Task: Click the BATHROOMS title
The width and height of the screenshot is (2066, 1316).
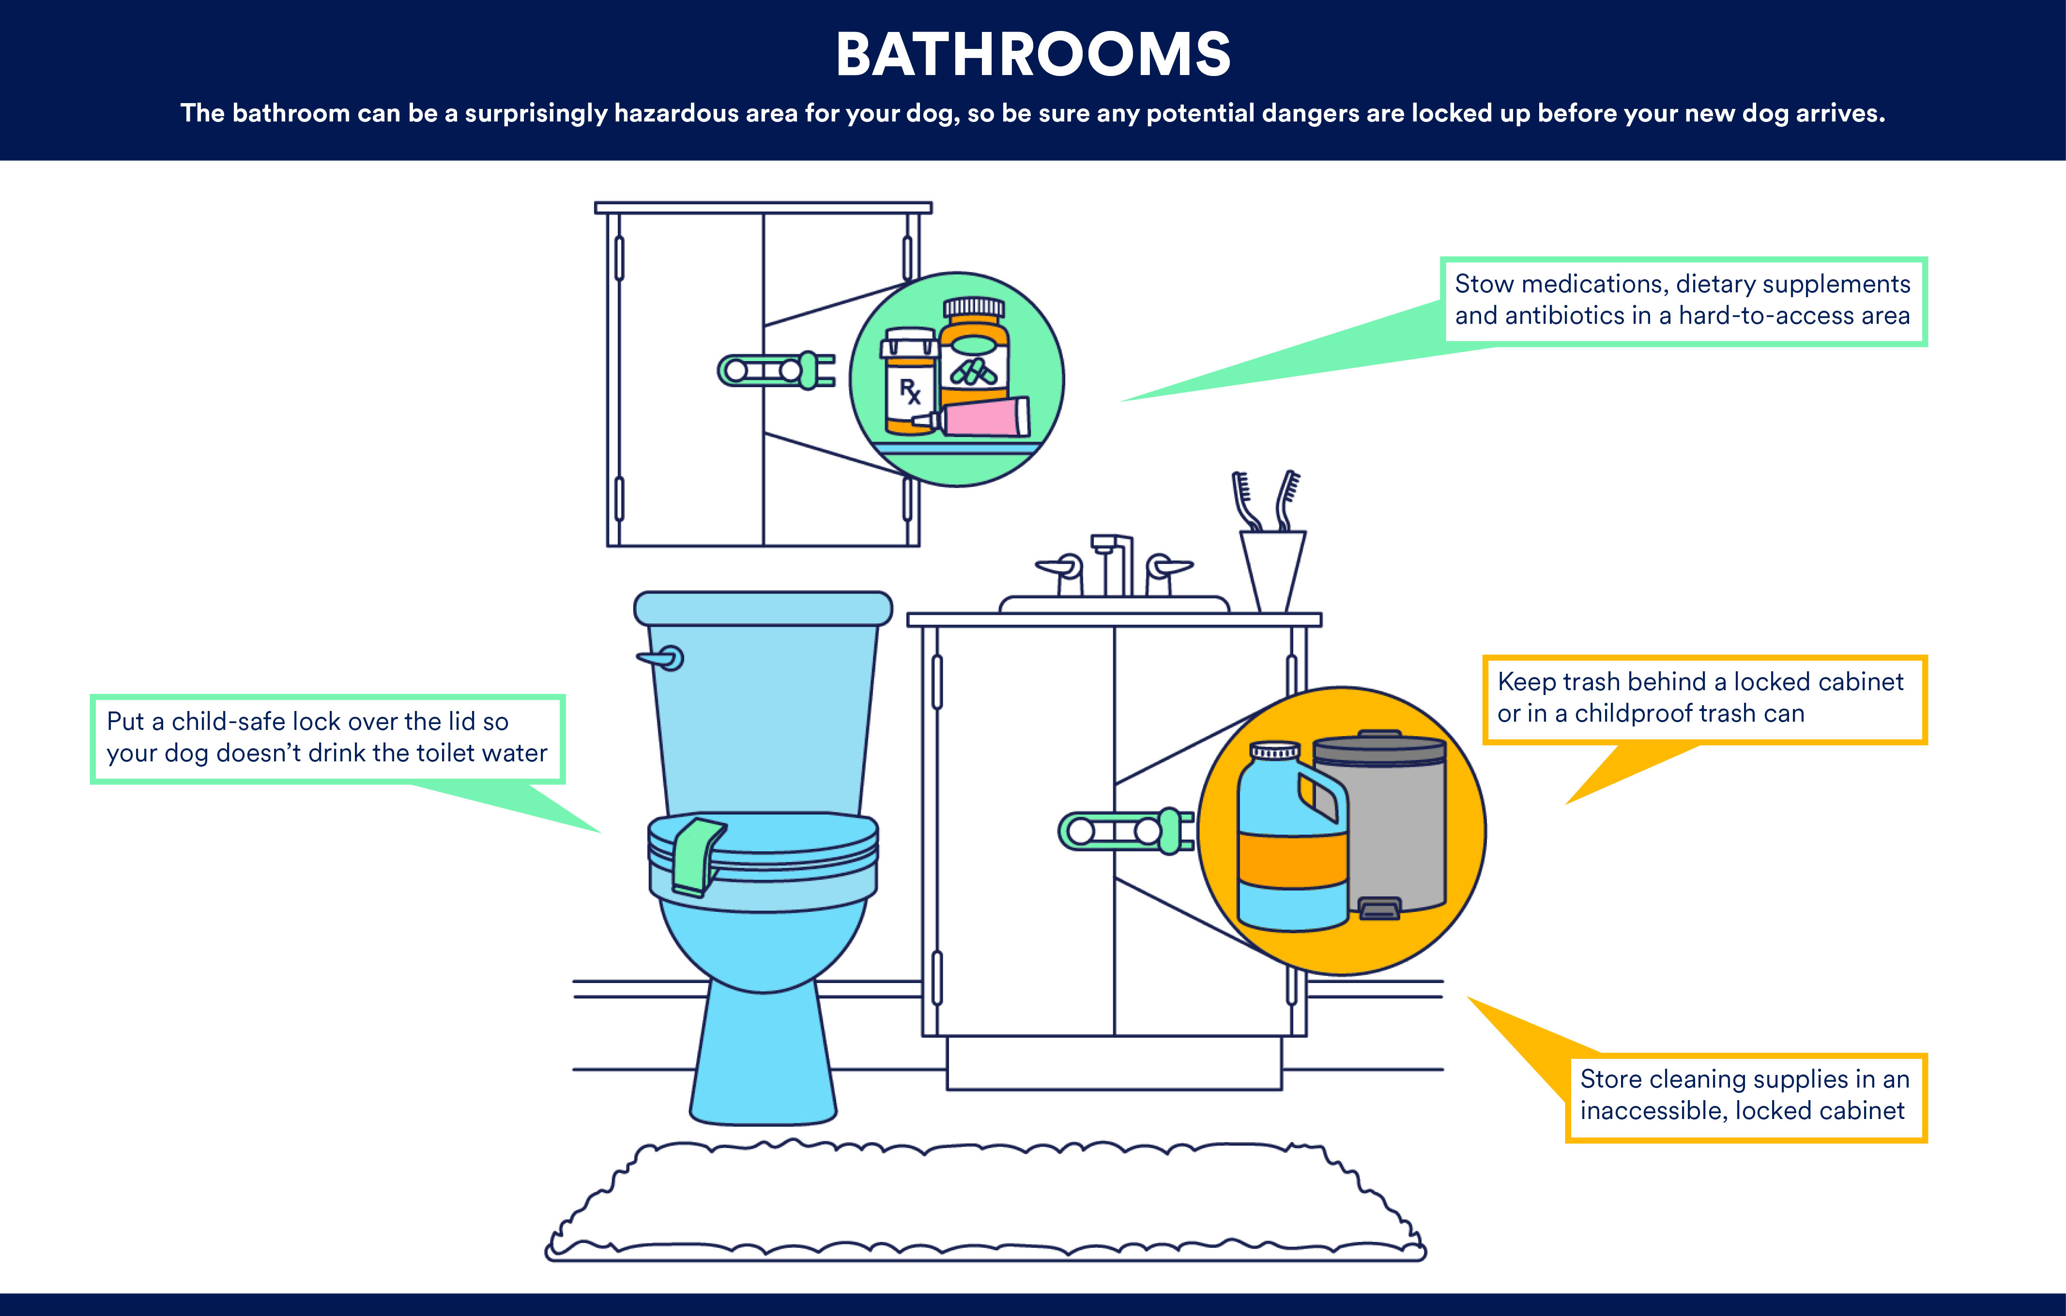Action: coord(1033,54)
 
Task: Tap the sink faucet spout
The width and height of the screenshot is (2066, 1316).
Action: coord(1112,564)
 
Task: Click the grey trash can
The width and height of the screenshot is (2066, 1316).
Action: coord(1379,824)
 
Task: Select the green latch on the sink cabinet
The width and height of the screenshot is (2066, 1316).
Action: coord(1126,831)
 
